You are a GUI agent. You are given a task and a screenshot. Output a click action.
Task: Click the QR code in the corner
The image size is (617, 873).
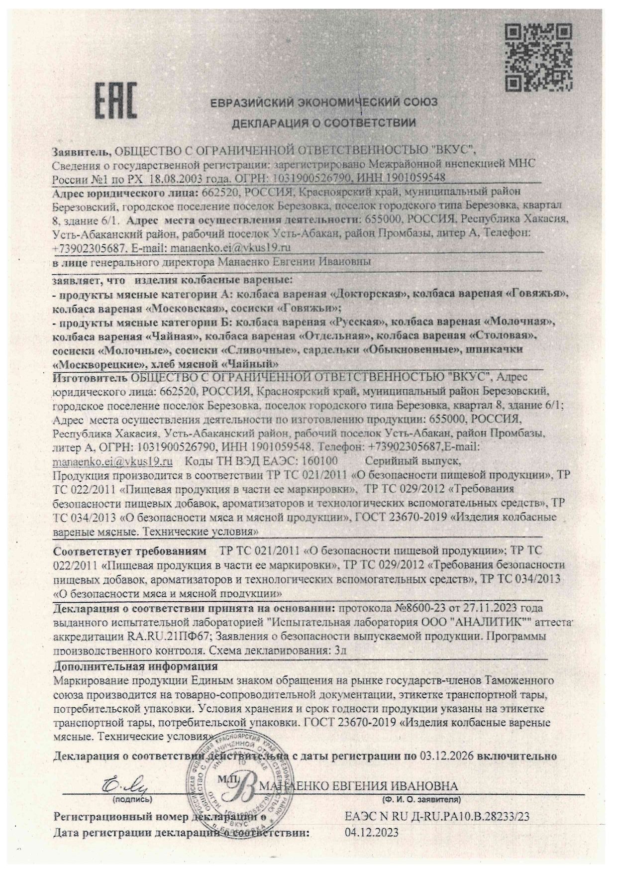538,58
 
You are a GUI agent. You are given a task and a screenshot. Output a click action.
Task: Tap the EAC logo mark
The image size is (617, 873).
116,102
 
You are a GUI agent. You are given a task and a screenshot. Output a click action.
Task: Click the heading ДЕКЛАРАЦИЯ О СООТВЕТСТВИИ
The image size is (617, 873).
323,122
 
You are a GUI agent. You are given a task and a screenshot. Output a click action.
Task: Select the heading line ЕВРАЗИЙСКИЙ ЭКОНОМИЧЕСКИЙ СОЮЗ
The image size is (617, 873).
323,103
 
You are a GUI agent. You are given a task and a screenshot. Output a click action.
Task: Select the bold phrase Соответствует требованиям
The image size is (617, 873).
129,551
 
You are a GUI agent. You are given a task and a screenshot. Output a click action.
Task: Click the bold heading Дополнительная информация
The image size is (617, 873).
135,666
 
